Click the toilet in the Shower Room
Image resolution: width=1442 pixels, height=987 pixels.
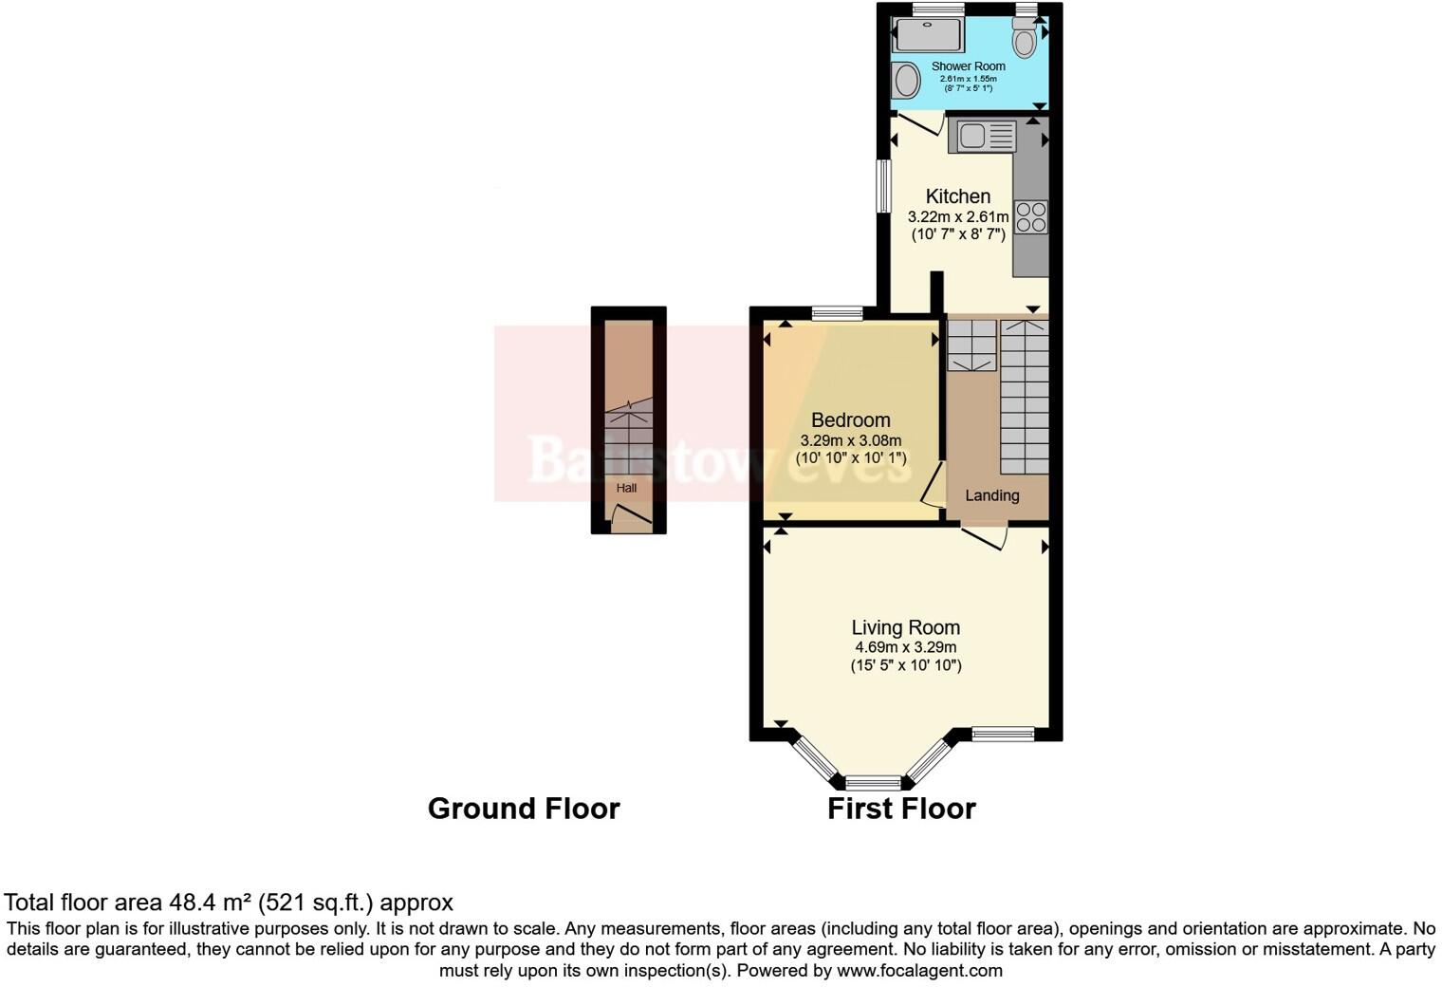tap(1024, 39)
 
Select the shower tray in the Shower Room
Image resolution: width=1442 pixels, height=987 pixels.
tap(929, 36)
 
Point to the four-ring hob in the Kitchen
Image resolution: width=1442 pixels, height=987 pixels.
tap(1031, 217)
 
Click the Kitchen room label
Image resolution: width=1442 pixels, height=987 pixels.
tap(957, 196)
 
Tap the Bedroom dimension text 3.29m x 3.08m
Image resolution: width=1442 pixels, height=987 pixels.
tap(850, 440)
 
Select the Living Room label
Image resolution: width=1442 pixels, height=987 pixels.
tap(905, 627)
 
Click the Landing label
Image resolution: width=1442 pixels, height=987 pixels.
tap(992, 495)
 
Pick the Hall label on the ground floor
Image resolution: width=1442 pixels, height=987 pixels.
tap(626, 488)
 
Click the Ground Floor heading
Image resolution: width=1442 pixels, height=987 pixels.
tap(524, 809)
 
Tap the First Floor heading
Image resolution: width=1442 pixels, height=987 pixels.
tap(901, 809)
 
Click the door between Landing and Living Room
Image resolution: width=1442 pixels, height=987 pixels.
tap(985, 536)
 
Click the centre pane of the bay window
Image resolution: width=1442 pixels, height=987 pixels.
tap(873, 783)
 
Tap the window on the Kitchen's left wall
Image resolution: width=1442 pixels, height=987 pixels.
tap(882, 185)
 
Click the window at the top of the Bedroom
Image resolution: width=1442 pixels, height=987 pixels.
tap(838, 312)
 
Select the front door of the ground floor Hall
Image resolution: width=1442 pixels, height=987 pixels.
tap(630, 517)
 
